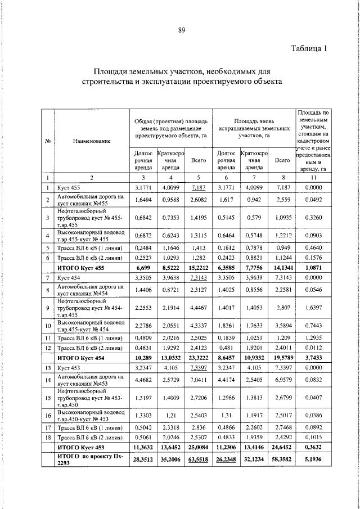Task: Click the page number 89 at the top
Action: click(182, 30)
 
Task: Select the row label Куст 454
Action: click(69, 278)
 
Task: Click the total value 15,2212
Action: click(197, 268)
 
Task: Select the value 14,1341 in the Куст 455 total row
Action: click(281, 268)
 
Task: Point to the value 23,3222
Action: click(197, 358)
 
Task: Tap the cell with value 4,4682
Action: click(145, 380)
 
